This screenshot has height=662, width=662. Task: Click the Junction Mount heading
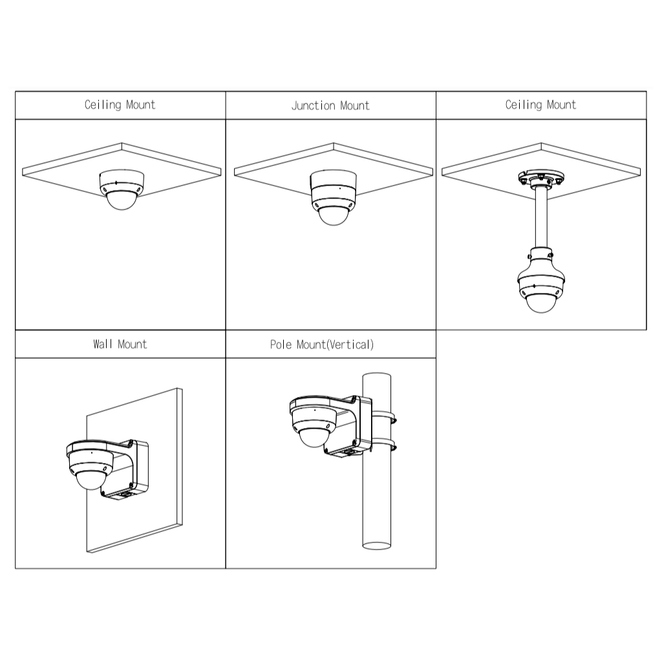coord(330,105)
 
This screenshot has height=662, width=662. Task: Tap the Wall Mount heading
coord(120,344)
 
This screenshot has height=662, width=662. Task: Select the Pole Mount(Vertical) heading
coord(322,345)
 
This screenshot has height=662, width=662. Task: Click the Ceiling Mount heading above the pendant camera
coord(541,105)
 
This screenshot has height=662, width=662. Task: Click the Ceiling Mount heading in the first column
coord(120,105)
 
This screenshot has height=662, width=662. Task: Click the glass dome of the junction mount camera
coord(334,216)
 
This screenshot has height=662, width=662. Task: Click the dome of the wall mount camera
coord(91,480)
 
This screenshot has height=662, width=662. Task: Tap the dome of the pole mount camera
coord(314,438)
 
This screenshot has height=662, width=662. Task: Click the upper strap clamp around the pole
coord(383,417)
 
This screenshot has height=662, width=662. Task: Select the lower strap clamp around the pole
coord(383,444)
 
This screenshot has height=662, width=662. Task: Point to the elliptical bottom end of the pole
coord(377,546)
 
